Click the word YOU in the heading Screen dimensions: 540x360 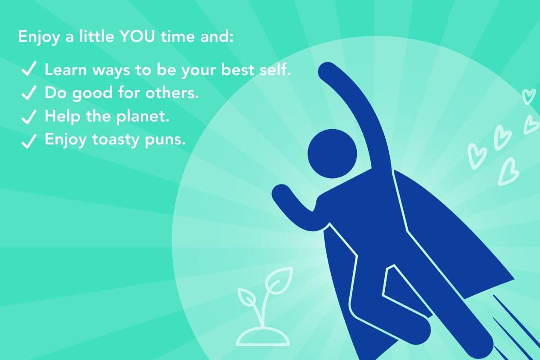[x=137, y=37]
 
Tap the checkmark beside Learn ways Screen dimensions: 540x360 [x=29, y=68]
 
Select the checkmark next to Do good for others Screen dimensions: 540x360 [x=29, y=92]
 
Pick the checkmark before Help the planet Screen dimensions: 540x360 [x=29, y=117]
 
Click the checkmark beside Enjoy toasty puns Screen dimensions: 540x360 [x=29, y=141]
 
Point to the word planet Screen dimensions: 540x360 [x=143, y=117]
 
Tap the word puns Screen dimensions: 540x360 [x=165, y=140]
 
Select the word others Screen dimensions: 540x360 [x=172, y=93]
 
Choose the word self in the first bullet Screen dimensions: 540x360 [x=274, y=69]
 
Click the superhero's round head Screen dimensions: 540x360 [x=332, y=153]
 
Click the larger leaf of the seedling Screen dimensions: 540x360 [x=279, y=281]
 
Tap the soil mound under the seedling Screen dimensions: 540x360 [x=263, y=337]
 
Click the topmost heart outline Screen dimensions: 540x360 [x=529, y=96]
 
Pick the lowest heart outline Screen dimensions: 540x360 [x=508, y=172]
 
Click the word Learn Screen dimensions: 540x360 [x=66, y=70]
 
